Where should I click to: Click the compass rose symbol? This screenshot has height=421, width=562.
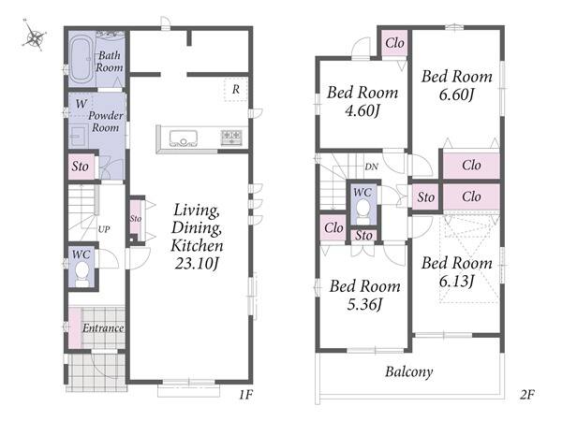34,36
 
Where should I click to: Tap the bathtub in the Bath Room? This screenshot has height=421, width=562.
81,60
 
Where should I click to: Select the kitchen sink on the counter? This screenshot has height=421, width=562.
184,138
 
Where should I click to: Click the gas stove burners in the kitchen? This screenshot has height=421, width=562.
231,138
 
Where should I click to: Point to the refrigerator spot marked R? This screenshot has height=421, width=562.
235,89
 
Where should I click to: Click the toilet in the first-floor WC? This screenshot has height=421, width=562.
82,274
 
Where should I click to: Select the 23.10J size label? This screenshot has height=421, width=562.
197,264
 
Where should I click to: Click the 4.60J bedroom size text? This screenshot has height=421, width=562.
362,110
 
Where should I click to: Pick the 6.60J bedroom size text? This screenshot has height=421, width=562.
457,94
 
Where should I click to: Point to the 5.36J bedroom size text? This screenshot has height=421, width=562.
365,305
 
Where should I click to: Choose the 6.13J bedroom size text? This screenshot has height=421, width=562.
457,282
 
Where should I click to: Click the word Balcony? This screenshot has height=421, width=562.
409,372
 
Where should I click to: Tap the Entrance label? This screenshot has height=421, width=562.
103,328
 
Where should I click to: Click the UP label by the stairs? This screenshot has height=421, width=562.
104,229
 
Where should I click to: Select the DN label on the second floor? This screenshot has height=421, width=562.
371,167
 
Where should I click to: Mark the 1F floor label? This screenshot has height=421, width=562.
246,395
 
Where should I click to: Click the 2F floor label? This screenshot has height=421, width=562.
526,395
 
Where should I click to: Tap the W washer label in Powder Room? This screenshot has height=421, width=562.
81,104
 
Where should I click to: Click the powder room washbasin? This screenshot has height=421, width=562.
78,136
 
